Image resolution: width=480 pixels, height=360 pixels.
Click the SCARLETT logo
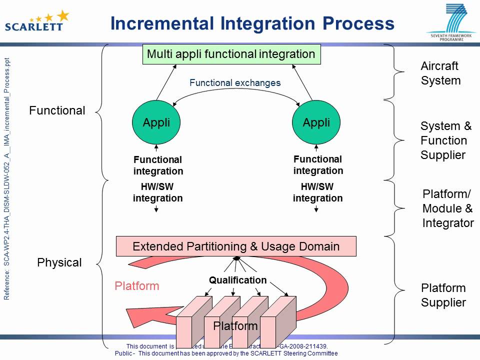(x=36, y=21)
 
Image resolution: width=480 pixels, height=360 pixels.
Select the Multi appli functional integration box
(x=231, y=54)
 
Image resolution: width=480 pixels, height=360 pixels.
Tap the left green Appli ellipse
(x=156, y=122)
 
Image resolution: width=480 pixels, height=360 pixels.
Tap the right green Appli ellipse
(x=316, y=122)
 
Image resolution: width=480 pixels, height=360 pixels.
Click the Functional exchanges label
(x=235, y=83)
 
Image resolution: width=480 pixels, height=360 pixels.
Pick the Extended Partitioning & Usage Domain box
(x=236, y=246)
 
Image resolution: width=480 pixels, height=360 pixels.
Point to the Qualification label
(x=237, y=280)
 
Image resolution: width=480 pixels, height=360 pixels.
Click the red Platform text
(x=136, y=286)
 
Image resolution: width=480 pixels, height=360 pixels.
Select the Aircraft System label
(x=440, y=73)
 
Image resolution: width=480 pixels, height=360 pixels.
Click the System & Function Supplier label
(x=445, y=140)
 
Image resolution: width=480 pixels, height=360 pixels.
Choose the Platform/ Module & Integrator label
(x=447, y=208)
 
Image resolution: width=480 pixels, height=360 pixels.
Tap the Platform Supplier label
(x=443, y=295)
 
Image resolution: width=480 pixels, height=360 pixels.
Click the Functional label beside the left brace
(x=57, y=110)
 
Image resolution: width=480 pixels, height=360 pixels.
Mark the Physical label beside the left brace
(x=59, y=262)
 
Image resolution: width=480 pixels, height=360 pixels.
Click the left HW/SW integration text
(x=157, y=192)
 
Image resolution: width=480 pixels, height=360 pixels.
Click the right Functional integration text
(x=318, y=165)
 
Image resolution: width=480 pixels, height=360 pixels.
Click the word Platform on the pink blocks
(x=235, y=326)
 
